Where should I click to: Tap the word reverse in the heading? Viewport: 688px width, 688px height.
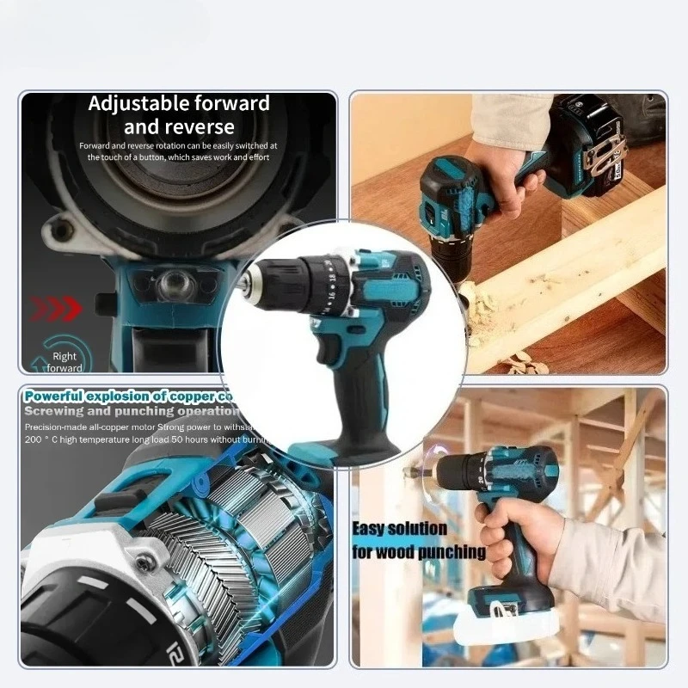point(202,127)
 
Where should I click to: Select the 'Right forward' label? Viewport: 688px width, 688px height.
point(64,361)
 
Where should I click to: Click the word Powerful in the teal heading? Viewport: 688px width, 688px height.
point(60,396)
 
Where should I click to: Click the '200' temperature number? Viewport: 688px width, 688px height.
point(37,439)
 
